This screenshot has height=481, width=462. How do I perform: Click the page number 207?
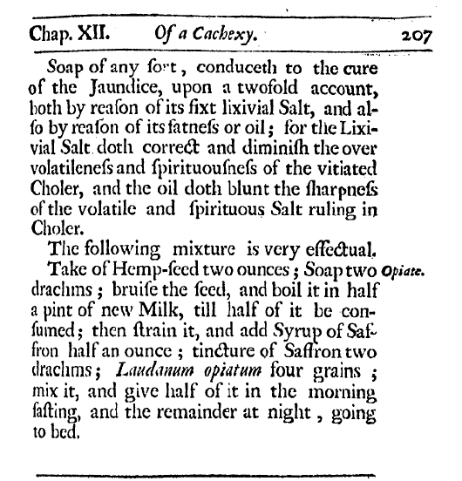pyautogui.click(x=425, y=37)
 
